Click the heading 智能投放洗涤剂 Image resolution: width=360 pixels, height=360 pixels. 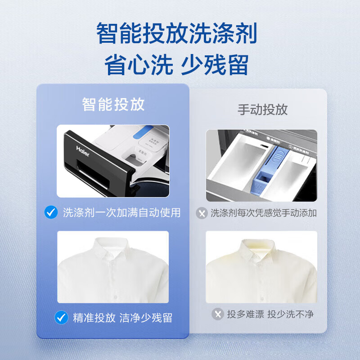coord(176,34)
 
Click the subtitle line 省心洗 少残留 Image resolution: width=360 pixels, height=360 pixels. coord(176,65)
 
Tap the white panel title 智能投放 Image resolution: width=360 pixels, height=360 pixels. coord(113,104)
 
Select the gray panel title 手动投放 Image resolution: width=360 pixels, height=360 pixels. coord(262,109)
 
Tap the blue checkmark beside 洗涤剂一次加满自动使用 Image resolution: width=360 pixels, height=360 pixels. coord(51,212)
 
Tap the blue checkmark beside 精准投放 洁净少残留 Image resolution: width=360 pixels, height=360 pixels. coord(61,318)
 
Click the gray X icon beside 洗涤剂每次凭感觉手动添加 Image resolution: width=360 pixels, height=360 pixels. coord(202,213)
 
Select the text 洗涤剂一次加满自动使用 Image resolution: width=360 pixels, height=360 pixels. coord(121,212)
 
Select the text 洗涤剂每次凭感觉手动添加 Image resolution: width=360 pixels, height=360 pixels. coord(264,213)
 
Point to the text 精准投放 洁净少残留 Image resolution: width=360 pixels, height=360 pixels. coord(122,318)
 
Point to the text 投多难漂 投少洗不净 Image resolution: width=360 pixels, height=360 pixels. coord(270,314)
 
